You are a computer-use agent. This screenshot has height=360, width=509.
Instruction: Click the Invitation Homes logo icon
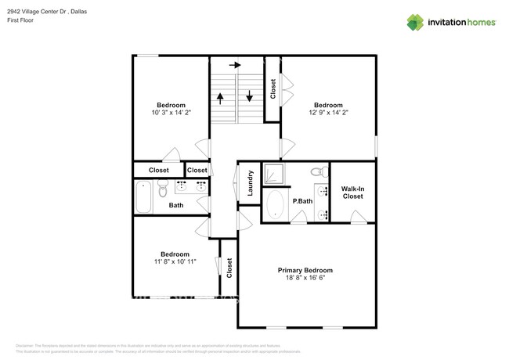pos(414,22)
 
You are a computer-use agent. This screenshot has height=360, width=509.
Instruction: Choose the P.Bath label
pos(302,201)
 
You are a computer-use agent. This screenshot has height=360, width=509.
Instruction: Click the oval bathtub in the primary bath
pos(276,205)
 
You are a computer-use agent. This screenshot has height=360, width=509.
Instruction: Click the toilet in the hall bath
pos(163,189)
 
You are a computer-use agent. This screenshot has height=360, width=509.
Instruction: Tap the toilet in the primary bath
pos(317,171)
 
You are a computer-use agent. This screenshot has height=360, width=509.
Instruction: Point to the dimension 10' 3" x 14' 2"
pos(171,113)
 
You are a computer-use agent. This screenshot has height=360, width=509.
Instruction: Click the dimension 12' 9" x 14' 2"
pos(328,113)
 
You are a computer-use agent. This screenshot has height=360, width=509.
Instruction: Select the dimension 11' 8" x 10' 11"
pos(175,263)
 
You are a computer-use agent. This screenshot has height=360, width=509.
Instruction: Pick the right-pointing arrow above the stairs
pos(234,65)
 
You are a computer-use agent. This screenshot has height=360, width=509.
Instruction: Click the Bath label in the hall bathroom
pos(176,206)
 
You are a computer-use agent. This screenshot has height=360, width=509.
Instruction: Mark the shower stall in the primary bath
pos(275,174)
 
